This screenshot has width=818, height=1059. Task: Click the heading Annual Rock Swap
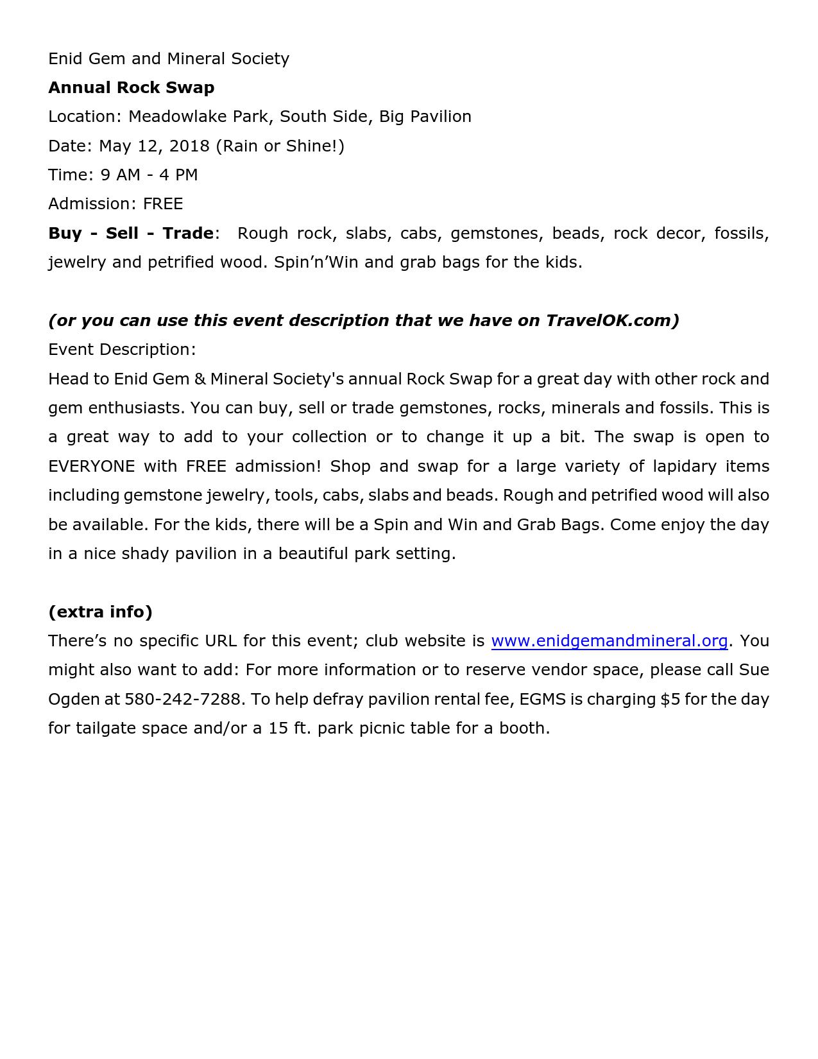click(131, 87)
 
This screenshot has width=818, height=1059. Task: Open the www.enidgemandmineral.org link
click(609, 641)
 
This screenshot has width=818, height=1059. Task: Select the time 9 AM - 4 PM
click(149, 175)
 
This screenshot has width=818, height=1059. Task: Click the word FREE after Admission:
click(163, 203)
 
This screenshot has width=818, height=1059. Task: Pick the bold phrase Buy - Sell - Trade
click(131, 233)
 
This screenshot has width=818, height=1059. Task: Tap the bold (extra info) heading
click(100, 612)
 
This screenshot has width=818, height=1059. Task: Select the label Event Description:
click(122, 349)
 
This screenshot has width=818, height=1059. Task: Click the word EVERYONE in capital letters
click(92, 466)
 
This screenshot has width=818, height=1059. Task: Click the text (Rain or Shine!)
click(280, 146)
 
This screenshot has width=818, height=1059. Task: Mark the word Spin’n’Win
click(316, 262)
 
